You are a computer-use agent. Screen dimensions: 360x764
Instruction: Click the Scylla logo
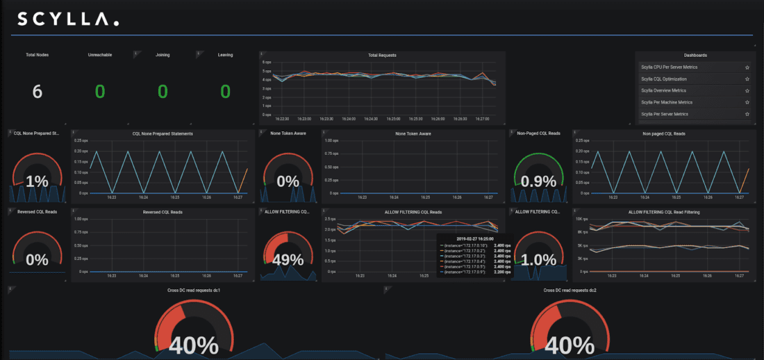click(67, 19)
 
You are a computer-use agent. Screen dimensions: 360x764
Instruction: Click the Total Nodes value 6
click(38, 91)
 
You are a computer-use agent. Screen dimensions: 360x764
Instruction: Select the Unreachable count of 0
click(100, 91)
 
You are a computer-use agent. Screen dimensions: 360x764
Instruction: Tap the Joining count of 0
click(163, 91)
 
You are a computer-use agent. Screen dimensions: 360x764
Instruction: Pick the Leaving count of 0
click(225, 91)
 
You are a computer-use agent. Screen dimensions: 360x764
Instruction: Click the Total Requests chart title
click(382, 55)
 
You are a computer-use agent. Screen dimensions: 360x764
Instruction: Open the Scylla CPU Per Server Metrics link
click(670, 67)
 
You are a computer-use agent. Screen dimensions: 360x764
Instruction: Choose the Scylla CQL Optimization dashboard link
click(664, 79)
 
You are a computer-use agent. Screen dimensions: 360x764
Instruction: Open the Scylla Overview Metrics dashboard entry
click(663, 90)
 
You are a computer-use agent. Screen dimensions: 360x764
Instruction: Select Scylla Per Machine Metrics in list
click(667, 102)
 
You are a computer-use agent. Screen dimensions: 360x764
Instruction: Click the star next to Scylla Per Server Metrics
click(747, 114)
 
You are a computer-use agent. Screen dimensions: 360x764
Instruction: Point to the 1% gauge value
click(37, 181)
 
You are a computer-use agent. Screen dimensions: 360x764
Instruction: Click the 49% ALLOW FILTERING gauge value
click(288, 260)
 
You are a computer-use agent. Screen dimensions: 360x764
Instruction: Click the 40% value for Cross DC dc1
click(193, 345)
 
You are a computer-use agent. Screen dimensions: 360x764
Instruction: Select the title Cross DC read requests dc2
click(571, 290)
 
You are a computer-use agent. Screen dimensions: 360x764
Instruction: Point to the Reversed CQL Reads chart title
click(163, 212)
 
